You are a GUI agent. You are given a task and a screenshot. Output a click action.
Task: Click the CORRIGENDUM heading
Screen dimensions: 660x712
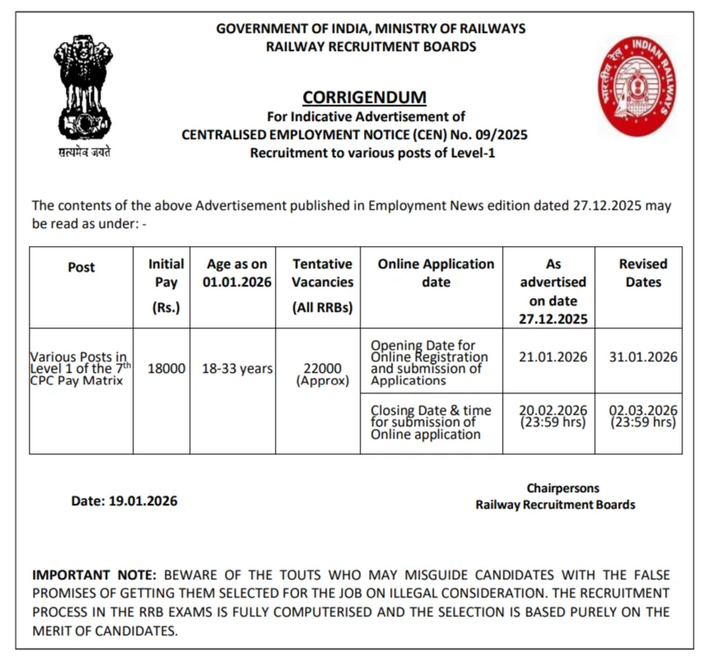click(x=365, y=97)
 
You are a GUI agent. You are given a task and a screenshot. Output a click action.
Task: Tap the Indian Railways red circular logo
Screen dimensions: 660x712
click(x=641, y=85)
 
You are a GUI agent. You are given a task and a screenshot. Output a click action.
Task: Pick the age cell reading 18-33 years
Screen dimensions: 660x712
click(x=237, y=369)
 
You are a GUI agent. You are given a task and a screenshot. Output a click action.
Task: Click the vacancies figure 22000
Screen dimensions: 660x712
click(x=323, y=369)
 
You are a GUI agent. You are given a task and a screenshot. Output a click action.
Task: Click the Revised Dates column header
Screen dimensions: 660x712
click(x=643, y=273)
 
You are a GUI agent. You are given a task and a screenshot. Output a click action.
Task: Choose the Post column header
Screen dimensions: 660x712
click(x=81, y=267)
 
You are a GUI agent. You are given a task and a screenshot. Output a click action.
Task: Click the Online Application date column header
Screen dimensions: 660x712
click(x=435, y=273)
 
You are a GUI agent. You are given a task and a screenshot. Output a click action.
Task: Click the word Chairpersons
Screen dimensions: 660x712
click(x=563, y=488)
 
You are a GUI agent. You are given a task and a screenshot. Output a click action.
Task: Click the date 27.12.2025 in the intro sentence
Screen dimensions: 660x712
click(x=607, y=206)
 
